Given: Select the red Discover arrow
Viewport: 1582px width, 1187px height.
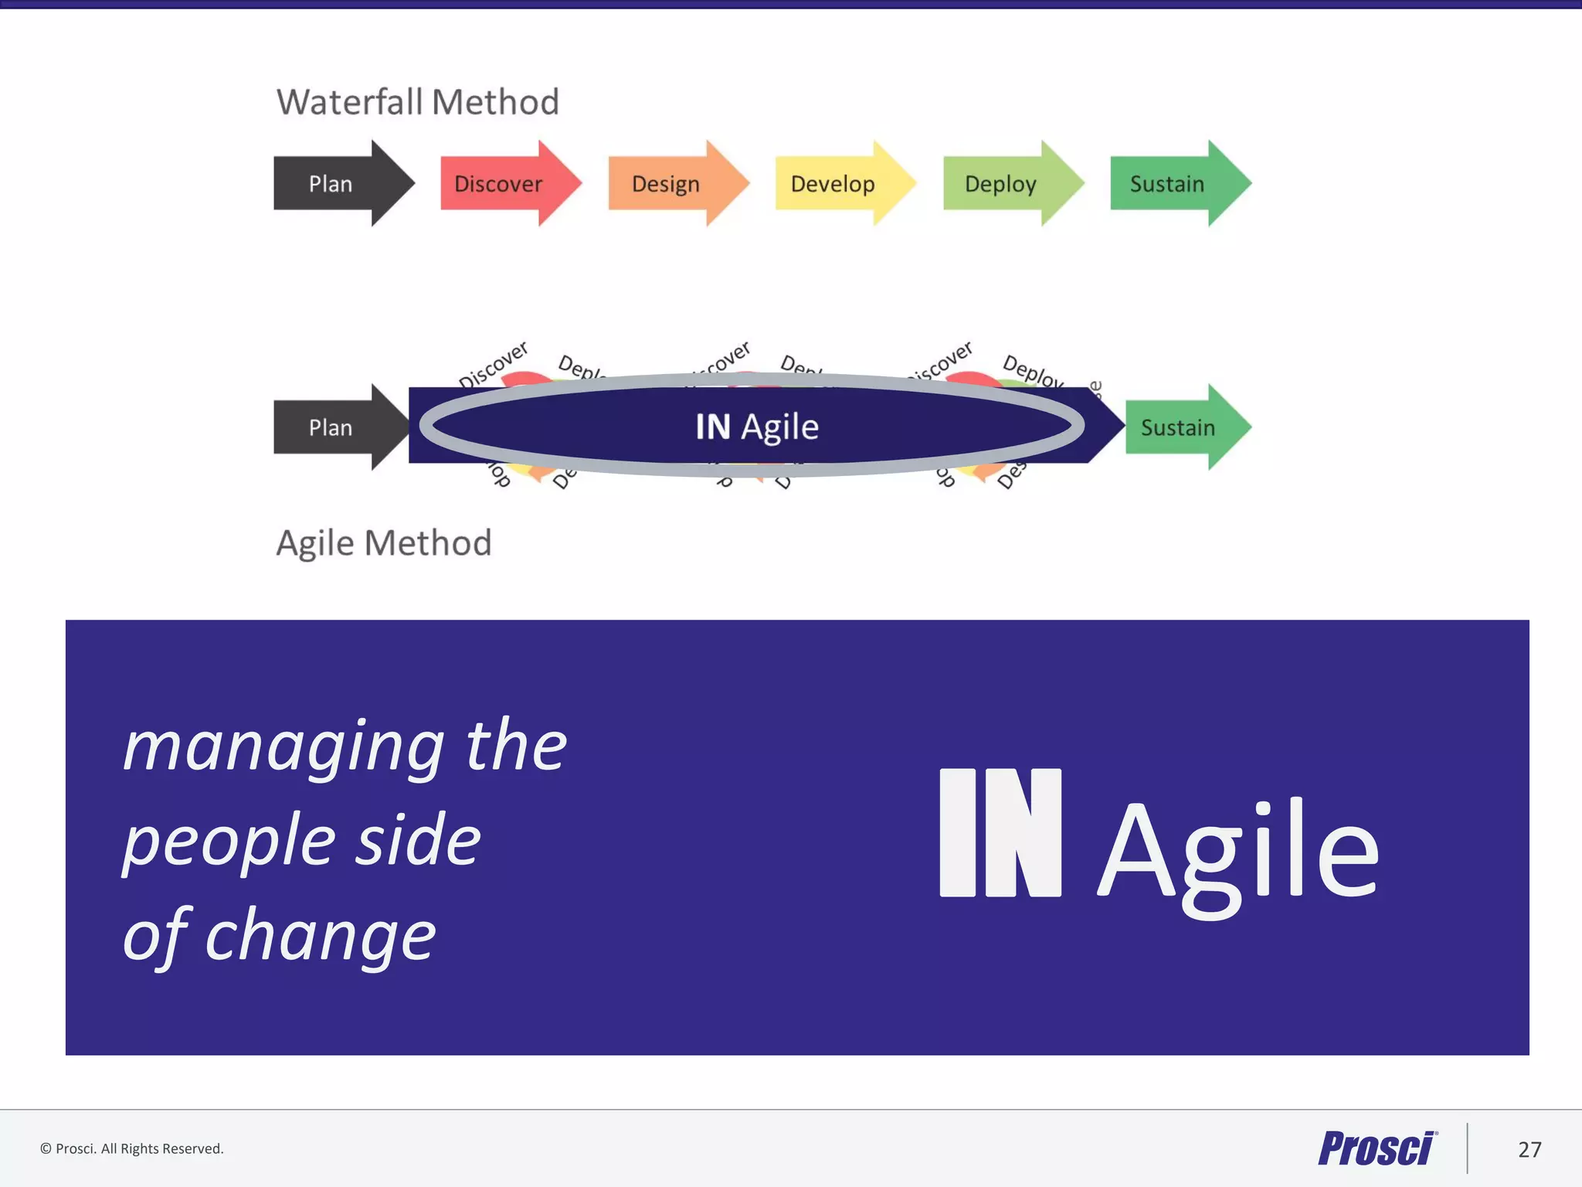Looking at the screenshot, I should (x=502, y=184).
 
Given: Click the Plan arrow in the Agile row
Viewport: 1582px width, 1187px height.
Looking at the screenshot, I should (x=336, y=427).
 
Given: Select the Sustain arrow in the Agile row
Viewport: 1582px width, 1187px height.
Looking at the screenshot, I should (x=1182, y=427).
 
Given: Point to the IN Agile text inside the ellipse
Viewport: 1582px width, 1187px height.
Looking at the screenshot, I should (x=756, y=427).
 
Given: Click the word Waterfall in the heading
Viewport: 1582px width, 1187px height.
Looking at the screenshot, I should (x=349, y=102).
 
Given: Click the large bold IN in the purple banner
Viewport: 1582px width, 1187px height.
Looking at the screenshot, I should (x=1000, y=833).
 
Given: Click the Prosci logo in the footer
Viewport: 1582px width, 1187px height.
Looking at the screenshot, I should (x=1377, y=1148).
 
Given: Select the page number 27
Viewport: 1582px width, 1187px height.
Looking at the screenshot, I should (x=1529, y=1149).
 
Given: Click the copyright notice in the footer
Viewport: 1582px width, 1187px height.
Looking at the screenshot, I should (x=132, y=1148).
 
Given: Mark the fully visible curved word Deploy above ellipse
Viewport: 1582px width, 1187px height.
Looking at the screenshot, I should (x=1033, y=372).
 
